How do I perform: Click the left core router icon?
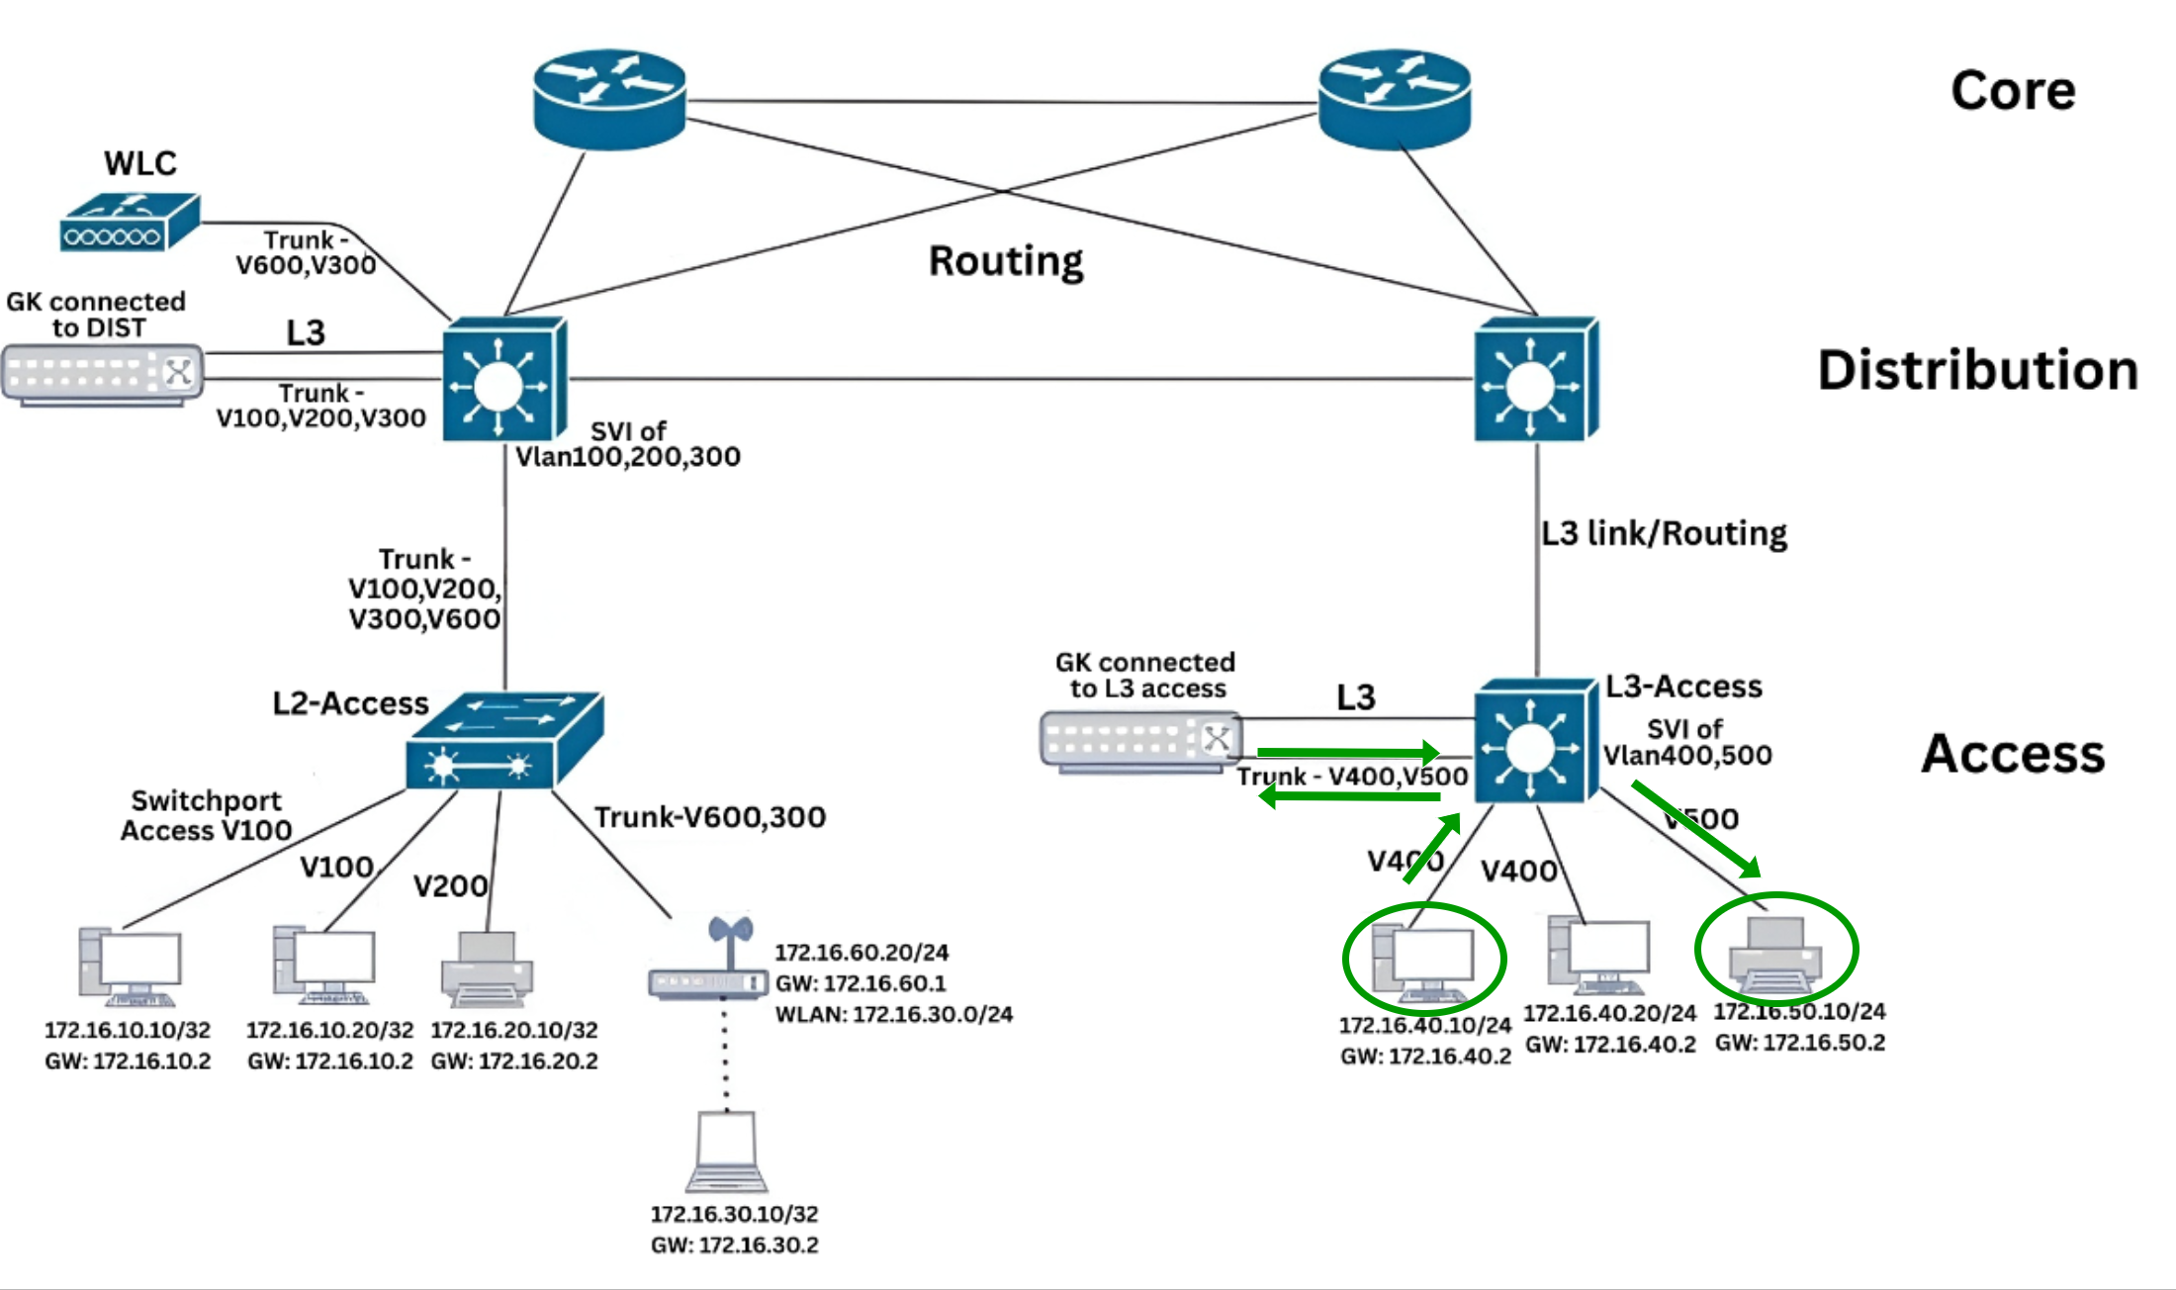point(609,99)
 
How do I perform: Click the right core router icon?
point(1395,99)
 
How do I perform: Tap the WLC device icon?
point(129,223)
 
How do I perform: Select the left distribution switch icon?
point(503,381)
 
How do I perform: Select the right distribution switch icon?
point(1535,381)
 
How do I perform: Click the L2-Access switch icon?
point(503,742)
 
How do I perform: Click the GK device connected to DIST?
point(103,374)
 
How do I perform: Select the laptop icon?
point(727,1152)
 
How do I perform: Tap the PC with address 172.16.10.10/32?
point(131,967)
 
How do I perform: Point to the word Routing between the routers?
point(1006,261)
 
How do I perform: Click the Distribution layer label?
point(1977,371)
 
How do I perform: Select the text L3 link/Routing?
point(1664,534)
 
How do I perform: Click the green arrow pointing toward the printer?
point(1696,829)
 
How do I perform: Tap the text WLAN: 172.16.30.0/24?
point(893,1015)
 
